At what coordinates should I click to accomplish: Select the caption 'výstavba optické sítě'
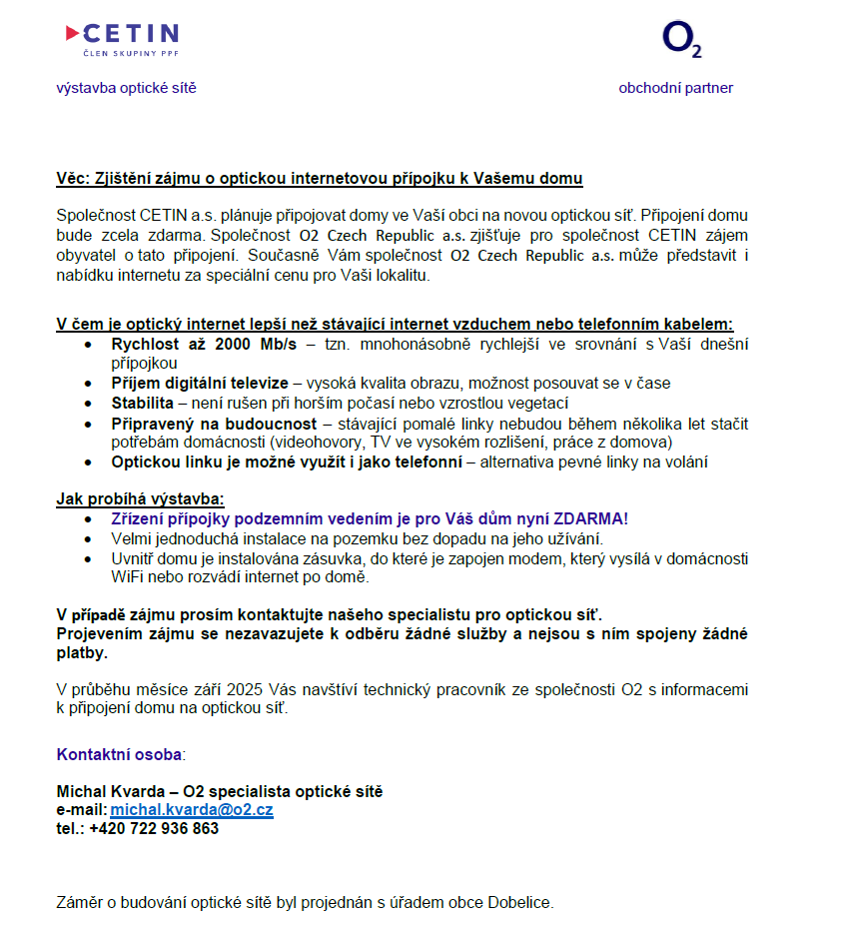(x=126, y=88)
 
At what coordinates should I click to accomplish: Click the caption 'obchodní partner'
(x=675, y=88)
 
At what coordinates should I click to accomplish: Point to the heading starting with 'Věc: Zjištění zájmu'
(x=319, y=179)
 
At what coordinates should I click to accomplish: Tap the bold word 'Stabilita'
(x=142, y=403)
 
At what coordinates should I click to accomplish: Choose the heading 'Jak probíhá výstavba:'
(x=140, y=499)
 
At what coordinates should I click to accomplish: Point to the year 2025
(x=245, y=690)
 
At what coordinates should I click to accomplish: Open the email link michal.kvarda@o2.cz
(x=192, y=810)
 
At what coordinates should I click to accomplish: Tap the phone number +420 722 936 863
(x=153, y=828)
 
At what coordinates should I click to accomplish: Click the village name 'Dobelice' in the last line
(x=518, y=903)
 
